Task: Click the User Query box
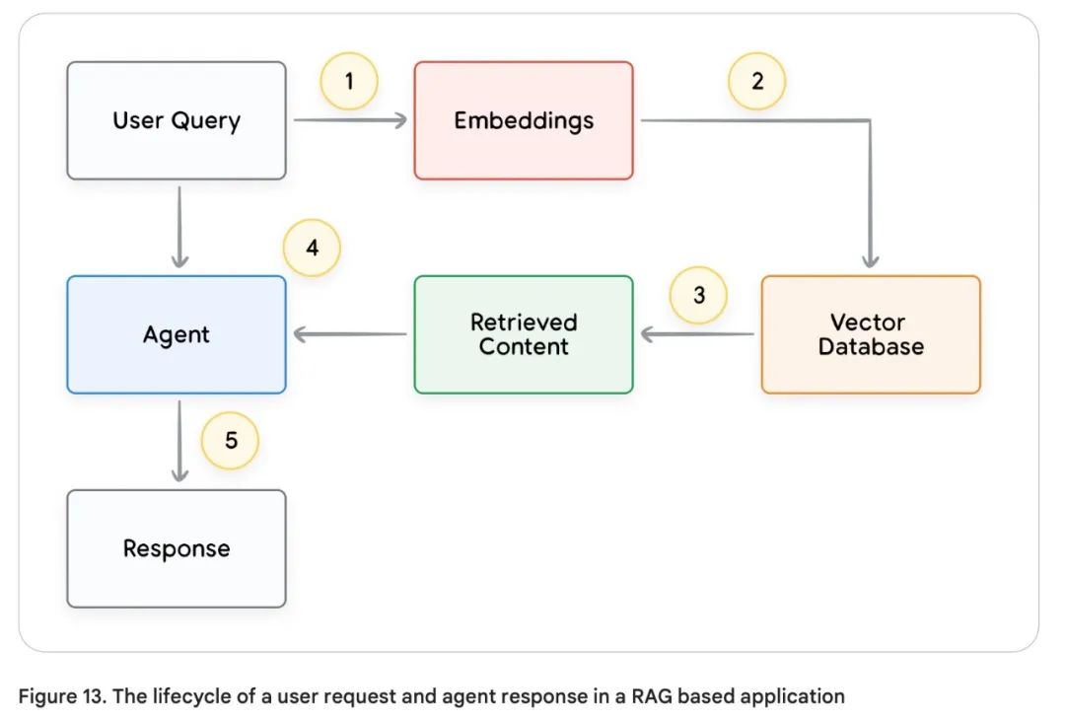coord(177,120)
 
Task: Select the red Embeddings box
coord(524,120)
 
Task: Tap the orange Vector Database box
coord(871,334)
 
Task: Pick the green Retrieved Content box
coord(524,334)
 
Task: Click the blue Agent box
coord(177,334)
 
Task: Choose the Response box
coord(177,548)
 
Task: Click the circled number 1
coord(349,80)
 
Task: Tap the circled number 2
coord(756,80)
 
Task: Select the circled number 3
coord(698,295)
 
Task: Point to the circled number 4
coord(312,247)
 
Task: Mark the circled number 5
coord(230,439)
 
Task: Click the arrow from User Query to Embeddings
coord(350,120)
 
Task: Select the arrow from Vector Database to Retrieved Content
coord(697,334)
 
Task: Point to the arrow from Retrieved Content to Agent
coord(350,334)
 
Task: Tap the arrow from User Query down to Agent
coord(179,227)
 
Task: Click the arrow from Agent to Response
coord(179,441)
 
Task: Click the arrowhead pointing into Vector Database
coord(870,260)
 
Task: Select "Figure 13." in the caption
coord(61,696)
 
